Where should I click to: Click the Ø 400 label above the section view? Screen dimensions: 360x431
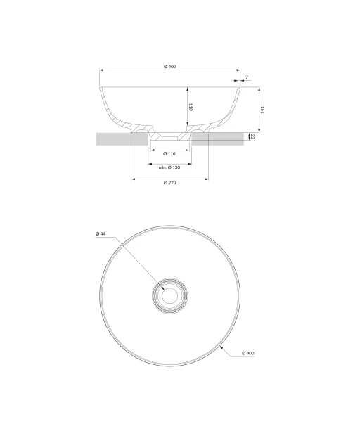click(170, 67)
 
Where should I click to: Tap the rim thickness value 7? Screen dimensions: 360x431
click(247, 77)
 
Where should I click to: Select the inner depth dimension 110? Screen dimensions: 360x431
click(191, 107)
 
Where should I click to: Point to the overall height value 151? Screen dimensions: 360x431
click(262, 110)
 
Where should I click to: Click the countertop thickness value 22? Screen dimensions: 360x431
click(253, 136)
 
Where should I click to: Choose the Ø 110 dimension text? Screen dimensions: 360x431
click(169, 154)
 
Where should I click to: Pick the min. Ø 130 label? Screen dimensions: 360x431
click(169, 167)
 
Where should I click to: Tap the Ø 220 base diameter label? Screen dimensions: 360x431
click(170, 183)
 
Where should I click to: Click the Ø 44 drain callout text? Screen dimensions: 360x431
click(101, 233)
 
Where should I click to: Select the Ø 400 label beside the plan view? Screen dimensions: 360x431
click(248, 353)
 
